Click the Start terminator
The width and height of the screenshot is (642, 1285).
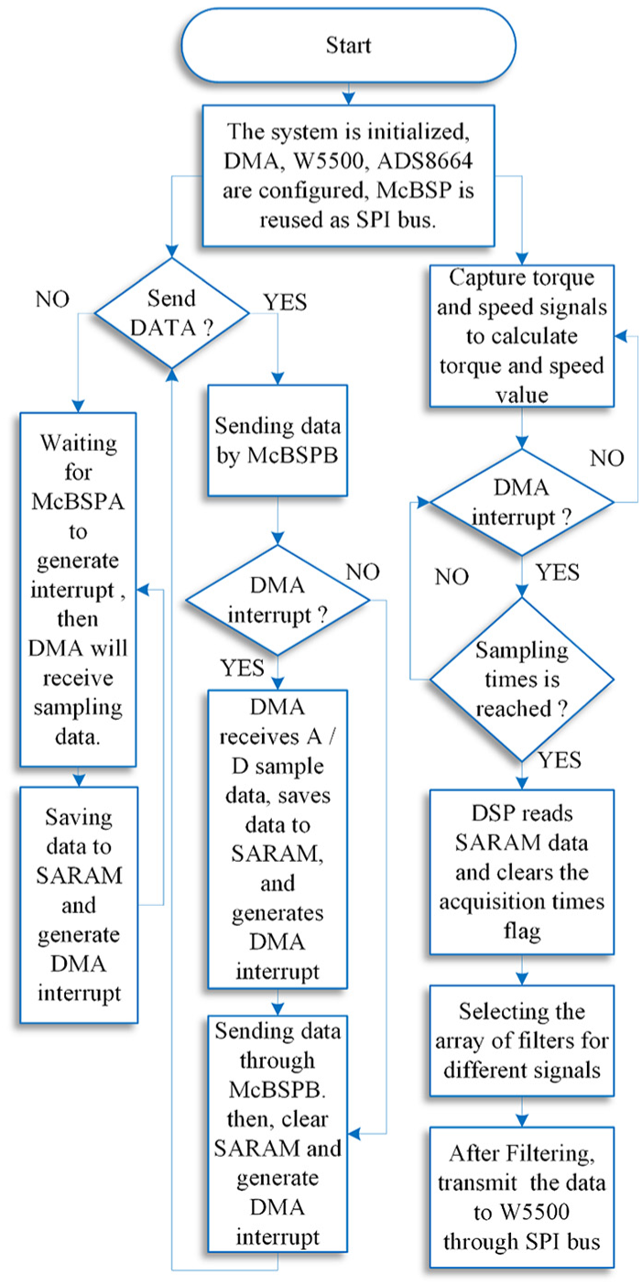(x=348, y=45)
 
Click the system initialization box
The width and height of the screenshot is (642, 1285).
(x=348, y=176)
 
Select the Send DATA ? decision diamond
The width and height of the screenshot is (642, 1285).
(x=171, y=313)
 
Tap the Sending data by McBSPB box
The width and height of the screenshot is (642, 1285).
(x=277, y=441)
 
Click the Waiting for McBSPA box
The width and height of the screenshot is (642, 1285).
(x=78, y=589)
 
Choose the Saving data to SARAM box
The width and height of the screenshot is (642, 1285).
(x=79, y=905)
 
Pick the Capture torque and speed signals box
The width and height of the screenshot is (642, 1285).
(x=522, y=336)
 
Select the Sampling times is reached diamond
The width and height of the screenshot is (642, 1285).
(x=522, y=680)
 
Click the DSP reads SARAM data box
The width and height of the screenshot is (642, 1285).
(x=522, y=872)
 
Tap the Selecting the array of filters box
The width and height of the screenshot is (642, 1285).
(x=522, y=1040)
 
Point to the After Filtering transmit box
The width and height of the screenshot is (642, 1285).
(x=522, y=1197)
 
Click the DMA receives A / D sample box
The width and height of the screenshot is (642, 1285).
(x=277, y=839)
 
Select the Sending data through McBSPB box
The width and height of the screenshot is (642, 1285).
(x=277, y=1134)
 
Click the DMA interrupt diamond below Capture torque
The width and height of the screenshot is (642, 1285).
(x=522, y=503)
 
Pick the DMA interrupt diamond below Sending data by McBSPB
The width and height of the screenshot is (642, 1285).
(x=277, y=600)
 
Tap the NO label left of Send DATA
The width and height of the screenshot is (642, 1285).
(x=52, y=299)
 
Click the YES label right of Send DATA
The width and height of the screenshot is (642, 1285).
(x=285, y=301)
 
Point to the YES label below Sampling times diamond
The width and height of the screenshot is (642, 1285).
(x=560, y=760)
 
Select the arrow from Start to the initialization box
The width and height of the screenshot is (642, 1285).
(x=348, y=93)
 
